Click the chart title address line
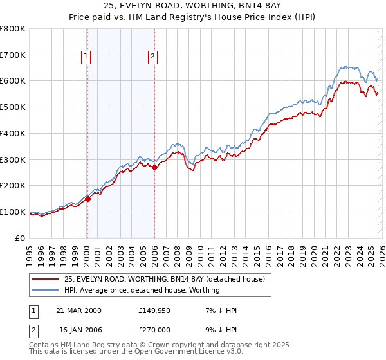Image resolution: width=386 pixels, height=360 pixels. click(x=192, y=6)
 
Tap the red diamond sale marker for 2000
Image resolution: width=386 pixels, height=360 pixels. click(x=87, y=199)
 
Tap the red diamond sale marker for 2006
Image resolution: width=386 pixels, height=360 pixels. click(x=154, y=167)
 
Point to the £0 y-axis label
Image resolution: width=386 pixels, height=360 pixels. click(x=21, y=238)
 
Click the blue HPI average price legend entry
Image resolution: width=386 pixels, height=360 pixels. click(x=142, y=290)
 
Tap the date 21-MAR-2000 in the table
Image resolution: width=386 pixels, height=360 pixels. click(x=78, y=310)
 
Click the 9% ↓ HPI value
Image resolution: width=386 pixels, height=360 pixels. click(x=219, y=331)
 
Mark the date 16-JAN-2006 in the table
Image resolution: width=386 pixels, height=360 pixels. click(x=78, y=331)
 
